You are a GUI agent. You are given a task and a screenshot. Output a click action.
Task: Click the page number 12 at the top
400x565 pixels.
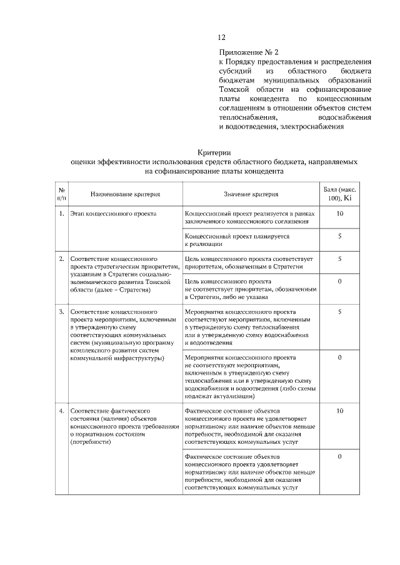(222, 37)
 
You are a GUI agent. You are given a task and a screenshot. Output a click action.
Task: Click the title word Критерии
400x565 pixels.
(214, 152)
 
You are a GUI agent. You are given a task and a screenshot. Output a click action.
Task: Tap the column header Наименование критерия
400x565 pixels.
(125, 194)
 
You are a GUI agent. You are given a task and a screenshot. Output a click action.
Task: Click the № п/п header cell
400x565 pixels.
(62, 194)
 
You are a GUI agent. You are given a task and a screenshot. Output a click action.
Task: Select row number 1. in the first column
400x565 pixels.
(62, 214)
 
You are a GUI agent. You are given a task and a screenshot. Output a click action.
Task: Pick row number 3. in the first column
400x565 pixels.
(62, 311)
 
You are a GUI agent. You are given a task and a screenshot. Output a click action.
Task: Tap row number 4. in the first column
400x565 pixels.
(62, 411)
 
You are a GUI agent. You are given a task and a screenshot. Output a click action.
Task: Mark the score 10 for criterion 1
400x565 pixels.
(339, 214)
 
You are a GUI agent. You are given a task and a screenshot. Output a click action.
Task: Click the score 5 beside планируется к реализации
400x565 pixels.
(339, 237)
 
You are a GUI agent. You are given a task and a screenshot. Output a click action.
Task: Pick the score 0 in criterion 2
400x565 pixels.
(339, 282)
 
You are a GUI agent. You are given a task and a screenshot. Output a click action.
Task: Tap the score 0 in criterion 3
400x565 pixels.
(339, 358)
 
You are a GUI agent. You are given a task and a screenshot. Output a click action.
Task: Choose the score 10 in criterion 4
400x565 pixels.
(339, 411)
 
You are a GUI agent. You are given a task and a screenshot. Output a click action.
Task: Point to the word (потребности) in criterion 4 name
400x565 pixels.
(91, 441)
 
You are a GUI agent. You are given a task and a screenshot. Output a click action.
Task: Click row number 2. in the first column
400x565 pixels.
(62, 258)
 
